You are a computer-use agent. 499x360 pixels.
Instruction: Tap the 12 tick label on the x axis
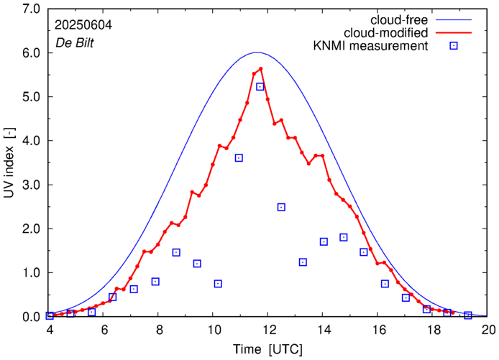pyautogui.click(x=269, y=330)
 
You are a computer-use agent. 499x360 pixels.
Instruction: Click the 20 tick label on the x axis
pyautogui.click(x=489, y=330)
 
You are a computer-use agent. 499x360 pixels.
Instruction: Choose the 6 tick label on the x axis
pyautogui.click(x=104, y=330)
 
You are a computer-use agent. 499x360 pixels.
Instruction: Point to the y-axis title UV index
pyautogui.click(x=9, y=162)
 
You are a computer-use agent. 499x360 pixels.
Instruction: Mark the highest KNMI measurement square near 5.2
pyautogui.click(x=260, y=87)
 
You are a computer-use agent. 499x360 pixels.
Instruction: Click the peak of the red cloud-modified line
pyautogui.click(x=260, y=69)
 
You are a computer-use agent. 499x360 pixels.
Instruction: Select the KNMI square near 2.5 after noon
pyautogui.click(x=281, y=207)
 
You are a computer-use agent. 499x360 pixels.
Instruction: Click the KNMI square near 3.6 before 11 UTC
pyautogui.click(x=239, y=158)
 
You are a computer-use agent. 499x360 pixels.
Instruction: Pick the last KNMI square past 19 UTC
pyautogui.click(x=468, y=315)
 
